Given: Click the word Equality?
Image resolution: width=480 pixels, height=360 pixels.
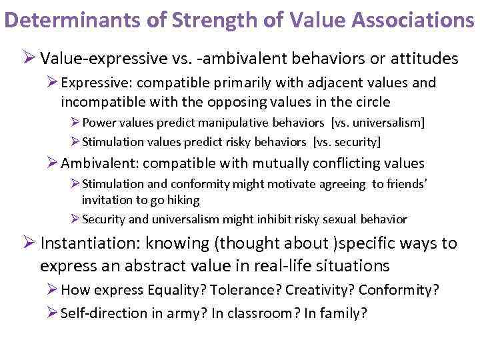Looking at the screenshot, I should pos(169,291).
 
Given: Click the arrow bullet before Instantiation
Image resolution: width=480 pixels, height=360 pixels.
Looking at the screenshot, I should pos(29,243).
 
